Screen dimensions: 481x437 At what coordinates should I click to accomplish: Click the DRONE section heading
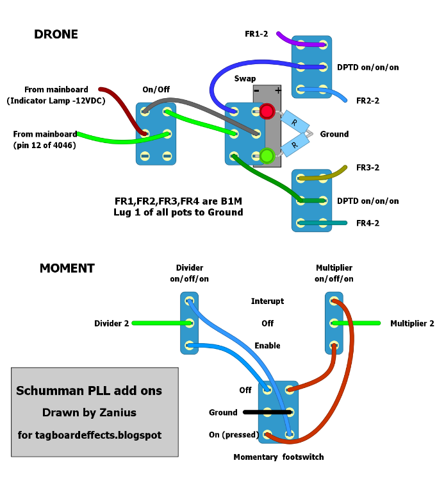(56, 35)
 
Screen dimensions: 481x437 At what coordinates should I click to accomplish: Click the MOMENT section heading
(67, 268)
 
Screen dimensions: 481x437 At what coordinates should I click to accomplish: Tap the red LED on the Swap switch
(267, 112)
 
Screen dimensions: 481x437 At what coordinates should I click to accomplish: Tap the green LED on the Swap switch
(267, 155)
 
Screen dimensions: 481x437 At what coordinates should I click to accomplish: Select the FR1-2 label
(256, 33)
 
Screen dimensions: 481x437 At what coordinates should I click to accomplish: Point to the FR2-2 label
(368, 101)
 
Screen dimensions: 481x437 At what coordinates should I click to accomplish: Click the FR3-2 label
(368, 168)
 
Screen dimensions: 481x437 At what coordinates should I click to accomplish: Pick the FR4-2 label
(368, 223)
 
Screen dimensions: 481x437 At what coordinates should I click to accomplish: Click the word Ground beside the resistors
(334, 134)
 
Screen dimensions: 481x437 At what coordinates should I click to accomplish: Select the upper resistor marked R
(294, 122)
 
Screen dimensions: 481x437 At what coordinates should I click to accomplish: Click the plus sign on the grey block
(277, 90)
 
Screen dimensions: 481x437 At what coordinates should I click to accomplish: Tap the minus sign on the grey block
(256, 90)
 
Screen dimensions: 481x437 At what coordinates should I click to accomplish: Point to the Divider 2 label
(111, 323)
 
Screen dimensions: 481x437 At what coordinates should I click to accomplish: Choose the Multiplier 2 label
(412, 323)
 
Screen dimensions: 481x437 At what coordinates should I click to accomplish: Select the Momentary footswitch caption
(279, 457)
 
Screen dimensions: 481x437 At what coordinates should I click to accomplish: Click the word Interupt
(267, 301)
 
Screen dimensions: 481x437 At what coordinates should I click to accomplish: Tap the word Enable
(267, 346)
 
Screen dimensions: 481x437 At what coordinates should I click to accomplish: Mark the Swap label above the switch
(245, 78)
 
